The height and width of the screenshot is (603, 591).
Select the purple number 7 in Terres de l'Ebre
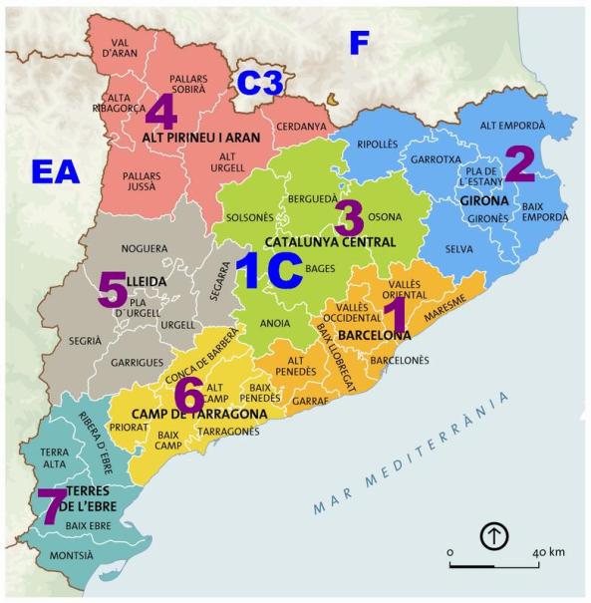point(49,506)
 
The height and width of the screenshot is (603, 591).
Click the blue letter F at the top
point(359,43)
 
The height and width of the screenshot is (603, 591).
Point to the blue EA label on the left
point(55,171)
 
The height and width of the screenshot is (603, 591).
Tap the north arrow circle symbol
point(494,536)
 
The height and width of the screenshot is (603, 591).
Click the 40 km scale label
point(549,552)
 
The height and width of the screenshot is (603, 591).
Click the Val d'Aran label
point(119,46)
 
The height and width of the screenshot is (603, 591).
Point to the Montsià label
point(71,555)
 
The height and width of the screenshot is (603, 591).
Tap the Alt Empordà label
point(512,127)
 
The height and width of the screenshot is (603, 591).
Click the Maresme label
point(443,313)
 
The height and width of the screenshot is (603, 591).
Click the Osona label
point(385,216)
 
